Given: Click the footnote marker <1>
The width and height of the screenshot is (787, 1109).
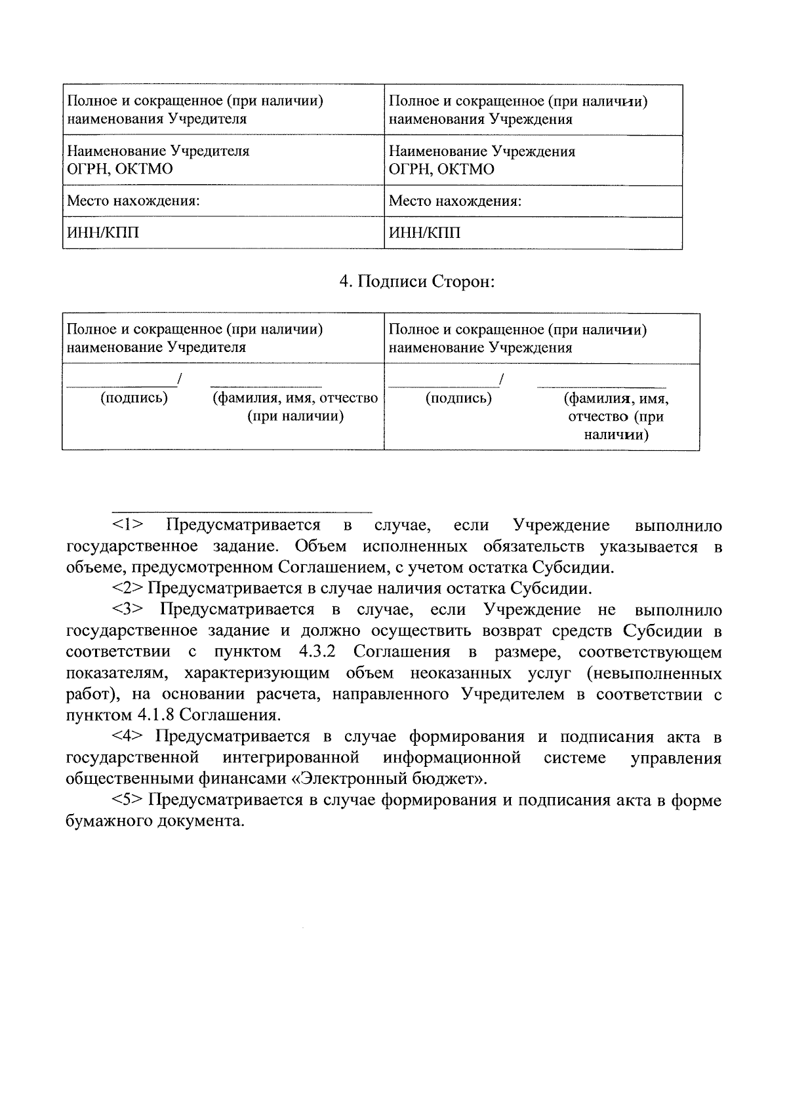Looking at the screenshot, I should click(x=128, y=525).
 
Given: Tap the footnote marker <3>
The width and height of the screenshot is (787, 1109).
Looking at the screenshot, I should click(x=128, y=610).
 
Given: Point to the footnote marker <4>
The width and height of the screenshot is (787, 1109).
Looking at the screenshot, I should click(x=128, y=737).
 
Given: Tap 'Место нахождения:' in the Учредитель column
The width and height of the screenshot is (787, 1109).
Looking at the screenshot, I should click(x=133, y=201).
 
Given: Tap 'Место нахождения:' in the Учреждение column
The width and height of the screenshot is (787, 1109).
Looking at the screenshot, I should click(x=455, y=201).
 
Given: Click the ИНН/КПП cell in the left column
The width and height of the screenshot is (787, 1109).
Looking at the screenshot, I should click(x=103, y=233).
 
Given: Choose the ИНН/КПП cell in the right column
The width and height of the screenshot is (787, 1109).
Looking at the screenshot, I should click(x=425, y=233).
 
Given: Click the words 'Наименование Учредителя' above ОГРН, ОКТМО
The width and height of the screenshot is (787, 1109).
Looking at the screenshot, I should click(x=158, y=151).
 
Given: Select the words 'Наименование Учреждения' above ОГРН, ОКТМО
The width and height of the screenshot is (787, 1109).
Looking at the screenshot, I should click(x=482, y=151).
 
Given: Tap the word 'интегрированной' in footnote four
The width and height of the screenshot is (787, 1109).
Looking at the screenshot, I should click(x=291, y=758).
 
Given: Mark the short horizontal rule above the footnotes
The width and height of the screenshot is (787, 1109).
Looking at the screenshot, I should click(x=241, y=511).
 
